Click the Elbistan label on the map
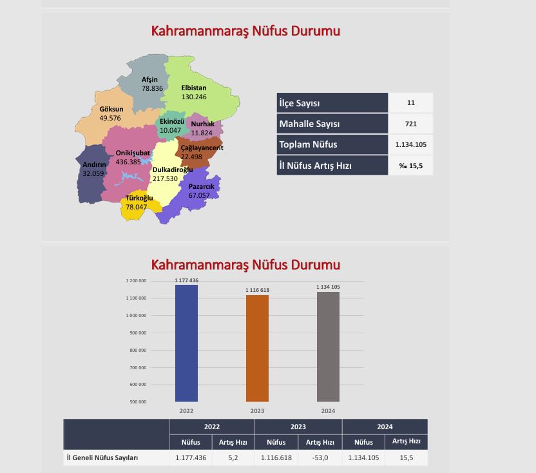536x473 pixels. coord(194,88)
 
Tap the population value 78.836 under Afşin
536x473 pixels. coord(153,88)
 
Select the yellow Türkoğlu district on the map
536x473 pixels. coord(137,208)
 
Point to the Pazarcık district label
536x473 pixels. coord(201,186)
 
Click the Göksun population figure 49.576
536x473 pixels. coord(110,119)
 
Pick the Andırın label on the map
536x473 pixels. coord(94,164)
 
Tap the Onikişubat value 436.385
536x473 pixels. coord(128,162)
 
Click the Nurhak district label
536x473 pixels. coord(202,124)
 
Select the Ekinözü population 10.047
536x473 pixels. coord(171,130)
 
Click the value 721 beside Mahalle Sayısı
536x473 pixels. coord(410,124)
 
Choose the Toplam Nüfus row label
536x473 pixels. coord(309,144)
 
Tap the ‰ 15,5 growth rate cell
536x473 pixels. coord(410,166)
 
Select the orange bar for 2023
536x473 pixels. coord(257,348)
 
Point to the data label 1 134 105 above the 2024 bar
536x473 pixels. coord(328,287)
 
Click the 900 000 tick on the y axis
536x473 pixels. coord(137,333)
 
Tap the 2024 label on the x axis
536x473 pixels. coord(328,410)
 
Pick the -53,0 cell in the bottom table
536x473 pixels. coord(320,458)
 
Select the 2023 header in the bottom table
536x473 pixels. coord(298,427)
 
